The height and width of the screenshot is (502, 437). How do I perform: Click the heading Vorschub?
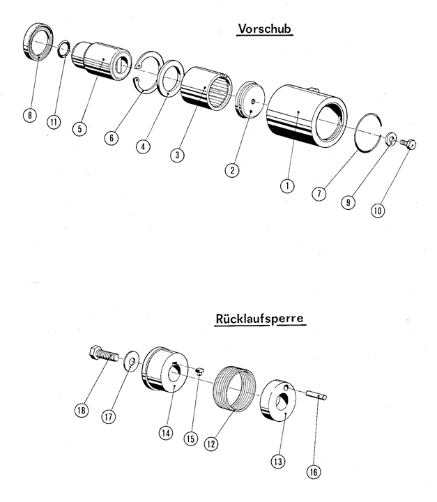pyautogui.click(x=264, y=29)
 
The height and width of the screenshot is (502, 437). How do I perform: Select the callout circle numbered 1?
pyautogui.click(x=285, y=186)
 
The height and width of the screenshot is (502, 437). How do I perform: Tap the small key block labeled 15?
pyautogui.click(x=199, y=371)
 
